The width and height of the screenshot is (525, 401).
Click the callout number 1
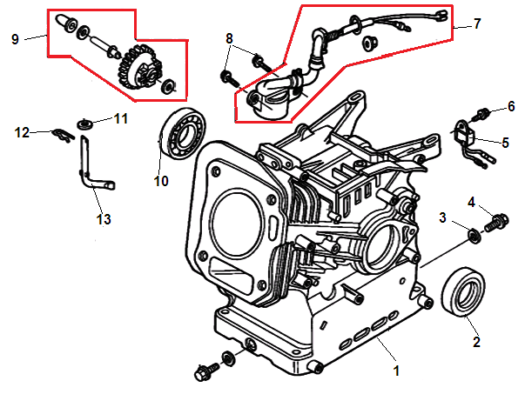point(396,371)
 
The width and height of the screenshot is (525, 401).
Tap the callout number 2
point(476,342)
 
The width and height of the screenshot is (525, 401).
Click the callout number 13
point(104,219)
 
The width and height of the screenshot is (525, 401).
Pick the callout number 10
point(160,182)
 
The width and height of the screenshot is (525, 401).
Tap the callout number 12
point(22,132)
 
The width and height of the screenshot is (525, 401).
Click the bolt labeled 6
point(480,113)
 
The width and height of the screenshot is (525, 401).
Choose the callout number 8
point(229,38)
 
